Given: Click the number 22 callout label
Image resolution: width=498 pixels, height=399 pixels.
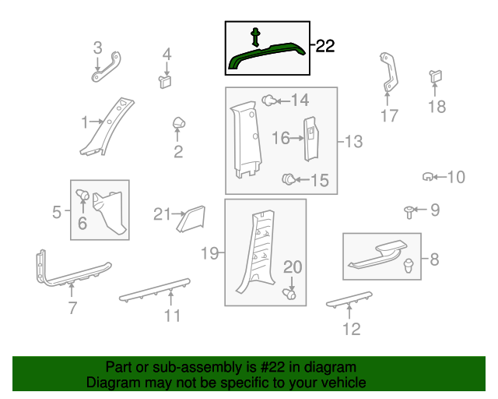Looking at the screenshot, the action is [325, 46].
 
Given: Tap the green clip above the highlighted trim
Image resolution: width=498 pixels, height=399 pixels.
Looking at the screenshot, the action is [255, 37].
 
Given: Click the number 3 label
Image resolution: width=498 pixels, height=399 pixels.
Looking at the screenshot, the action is [97, 48].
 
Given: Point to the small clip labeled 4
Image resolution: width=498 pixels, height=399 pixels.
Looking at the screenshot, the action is [165, 82].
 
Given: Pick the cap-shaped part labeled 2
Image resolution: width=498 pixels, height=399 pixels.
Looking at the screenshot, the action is [179, 123].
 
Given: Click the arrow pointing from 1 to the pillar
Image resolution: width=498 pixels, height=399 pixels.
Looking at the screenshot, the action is [96, 122].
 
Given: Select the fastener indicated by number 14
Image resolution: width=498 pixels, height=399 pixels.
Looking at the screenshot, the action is [269, 101].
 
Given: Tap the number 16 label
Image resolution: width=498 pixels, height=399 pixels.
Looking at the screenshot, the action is [281, 138].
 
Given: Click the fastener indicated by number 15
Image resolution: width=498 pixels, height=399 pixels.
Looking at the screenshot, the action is [289, 179].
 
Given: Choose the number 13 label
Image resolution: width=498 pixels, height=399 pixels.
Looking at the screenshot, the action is [353, 141].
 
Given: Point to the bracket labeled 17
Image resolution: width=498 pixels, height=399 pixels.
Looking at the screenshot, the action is [388, 72].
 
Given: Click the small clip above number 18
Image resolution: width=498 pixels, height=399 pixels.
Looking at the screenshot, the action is [436, 76].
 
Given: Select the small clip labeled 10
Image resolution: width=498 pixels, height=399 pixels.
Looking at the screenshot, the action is [427, 176].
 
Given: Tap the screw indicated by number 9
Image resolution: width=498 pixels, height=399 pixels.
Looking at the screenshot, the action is [409, 212].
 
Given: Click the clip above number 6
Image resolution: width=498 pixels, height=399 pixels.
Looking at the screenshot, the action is [82, 195].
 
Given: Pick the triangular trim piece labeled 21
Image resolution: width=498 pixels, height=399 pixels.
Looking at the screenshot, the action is [191, 219].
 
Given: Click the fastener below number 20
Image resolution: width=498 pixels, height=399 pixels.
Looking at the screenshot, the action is [289, 294].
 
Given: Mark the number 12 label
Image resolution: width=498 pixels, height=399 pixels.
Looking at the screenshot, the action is [352, 329].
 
